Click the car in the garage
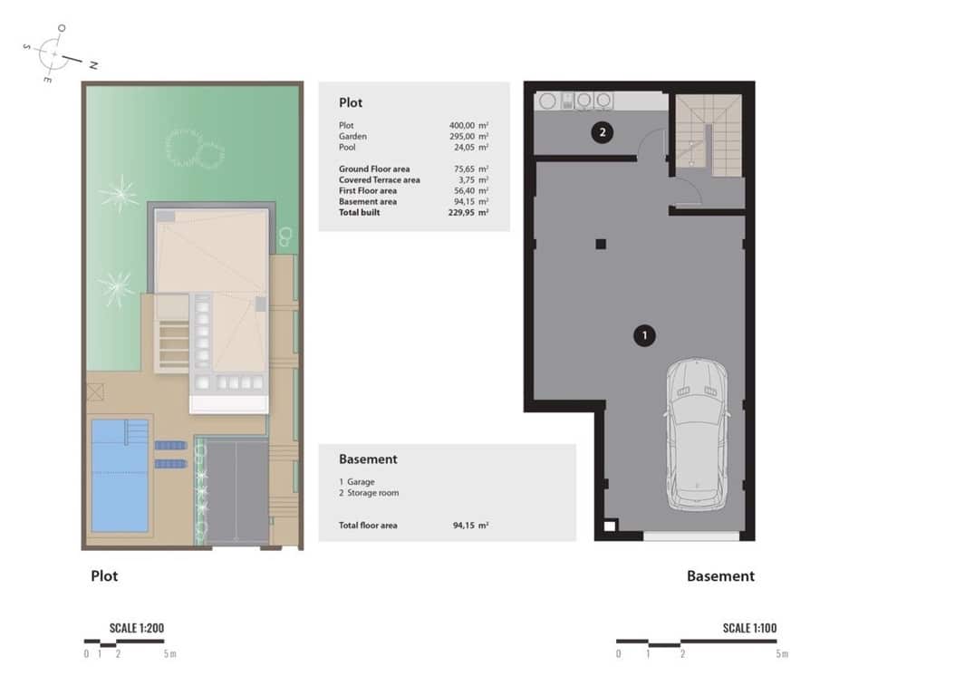pyautogui.click(x=696, y=433)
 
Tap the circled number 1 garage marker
pyautogui.click(x=643, y=336)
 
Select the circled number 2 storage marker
pyautogui.click(x=603, y=133)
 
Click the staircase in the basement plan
pyautogui.click(x=709, y=136)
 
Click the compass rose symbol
pyautogui.click(x=56, y=54)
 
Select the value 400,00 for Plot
pyautogui.click(x=464, y=125)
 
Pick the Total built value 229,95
pyautogui.click(x=464, y=212)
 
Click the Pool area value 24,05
pyautogui.click(x=464, y=147)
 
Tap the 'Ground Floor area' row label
pyautogui.click(x=374, y=169)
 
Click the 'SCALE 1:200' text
pyautogui.click(x=136, y=628)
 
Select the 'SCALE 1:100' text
pyautogui.click(x=749, y=628)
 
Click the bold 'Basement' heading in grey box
pyautogui.click(x=368, y=459)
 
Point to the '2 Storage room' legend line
pyautogui.click(x=369, y=493)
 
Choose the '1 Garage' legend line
pyautogui.click(x=356, y=482)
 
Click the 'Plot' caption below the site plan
pyautogui.click(x=104, y=575)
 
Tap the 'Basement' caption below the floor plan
pyautogui.click(x=720, y=576)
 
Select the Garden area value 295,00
pyautogui.click(x=464, y=136)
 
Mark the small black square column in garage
pyautogui.click(x=600, y=243)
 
